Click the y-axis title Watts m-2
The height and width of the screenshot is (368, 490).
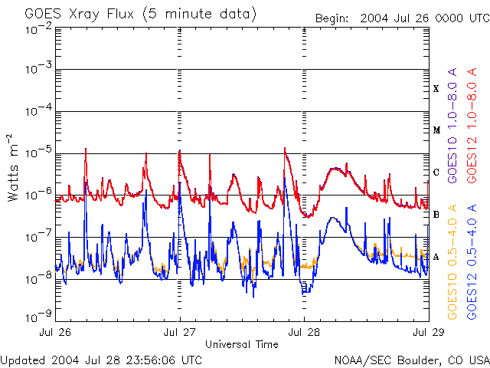(x=14, y=167)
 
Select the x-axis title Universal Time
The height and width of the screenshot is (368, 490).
(x=241, y=344)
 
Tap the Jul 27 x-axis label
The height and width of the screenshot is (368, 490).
(x=179, y=332)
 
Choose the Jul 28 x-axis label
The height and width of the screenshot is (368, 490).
(x=305, y=332)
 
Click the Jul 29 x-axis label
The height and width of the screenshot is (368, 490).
(x=427, y=332)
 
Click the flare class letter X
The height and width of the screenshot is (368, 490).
(x=436, y=89)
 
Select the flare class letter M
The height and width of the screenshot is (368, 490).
(x=436, y=130)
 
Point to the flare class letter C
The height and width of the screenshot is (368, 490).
(x=436, y=172)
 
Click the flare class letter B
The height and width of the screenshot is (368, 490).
(x=436, y=215)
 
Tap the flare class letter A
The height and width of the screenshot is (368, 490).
(x=436, y=257)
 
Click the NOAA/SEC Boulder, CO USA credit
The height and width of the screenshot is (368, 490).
(x=411, y=360)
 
